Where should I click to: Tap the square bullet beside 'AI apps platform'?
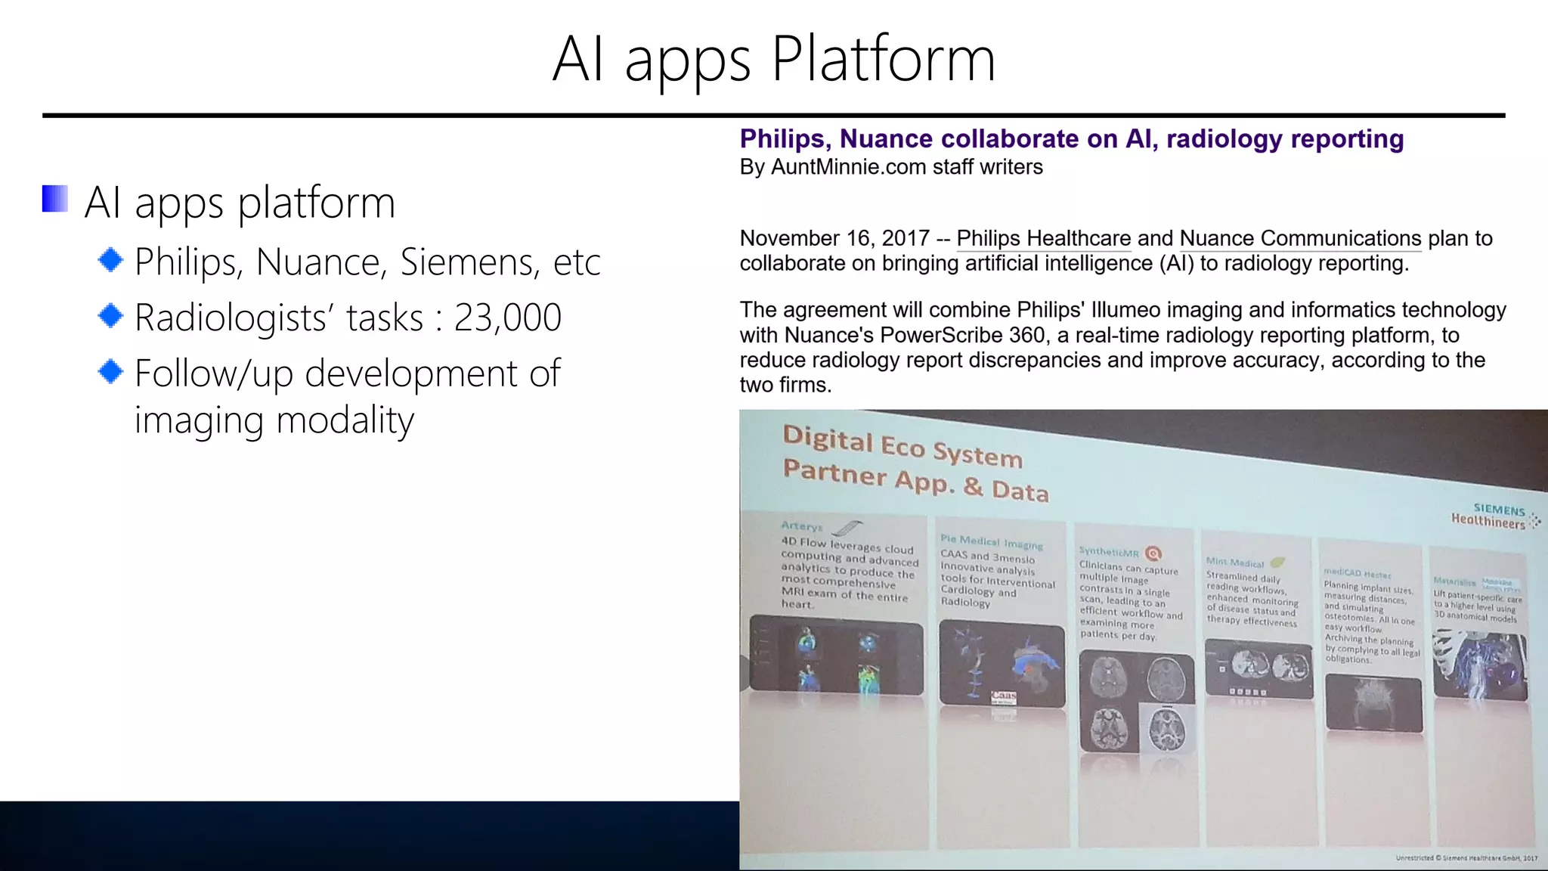(55, 199)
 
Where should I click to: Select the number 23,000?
(507, 318)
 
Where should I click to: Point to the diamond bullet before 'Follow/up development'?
(111, 371)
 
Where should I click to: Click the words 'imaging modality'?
(274, 420)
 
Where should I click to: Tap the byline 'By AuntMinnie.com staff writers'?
(890, 167)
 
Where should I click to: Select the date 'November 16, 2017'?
(834, 238)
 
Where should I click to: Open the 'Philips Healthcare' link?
(1043, 238)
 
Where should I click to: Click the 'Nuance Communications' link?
(1300, 238)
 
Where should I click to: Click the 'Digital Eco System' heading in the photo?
(902, 446)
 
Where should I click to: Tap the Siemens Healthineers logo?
(1493, 516)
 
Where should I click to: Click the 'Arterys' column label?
(801, 525)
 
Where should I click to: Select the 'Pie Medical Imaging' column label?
(991, 541)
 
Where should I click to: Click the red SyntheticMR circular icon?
(1153, 553)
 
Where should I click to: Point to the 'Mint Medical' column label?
(1235, 563)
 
